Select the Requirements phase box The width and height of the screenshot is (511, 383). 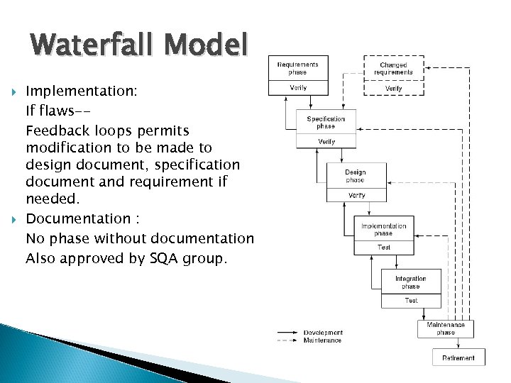point(298,68)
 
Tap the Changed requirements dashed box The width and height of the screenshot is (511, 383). point(393,68)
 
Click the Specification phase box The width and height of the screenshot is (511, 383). point(326,122)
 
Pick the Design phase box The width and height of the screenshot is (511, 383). point(356,175)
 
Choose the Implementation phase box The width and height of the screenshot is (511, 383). point(383,229)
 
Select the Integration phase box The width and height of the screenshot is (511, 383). point(411,282)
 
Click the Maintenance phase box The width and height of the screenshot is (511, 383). point(446,328)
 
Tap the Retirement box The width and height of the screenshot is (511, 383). point(458,357)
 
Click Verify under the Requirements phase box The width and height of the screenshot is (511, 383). point(298,88)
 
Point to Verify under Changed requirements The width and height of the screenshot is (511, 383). point(393,89)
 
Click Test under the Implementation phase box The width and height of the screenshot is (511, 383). point(383,248)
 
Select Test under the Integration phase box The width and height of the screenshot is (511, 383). point(411,301)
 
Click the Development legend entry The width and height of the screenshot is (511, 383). point(323,333)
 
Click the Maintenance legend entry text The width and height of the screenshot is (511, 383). point(323,340)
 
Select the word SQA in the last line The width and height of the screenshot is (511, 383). point(168,258)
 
